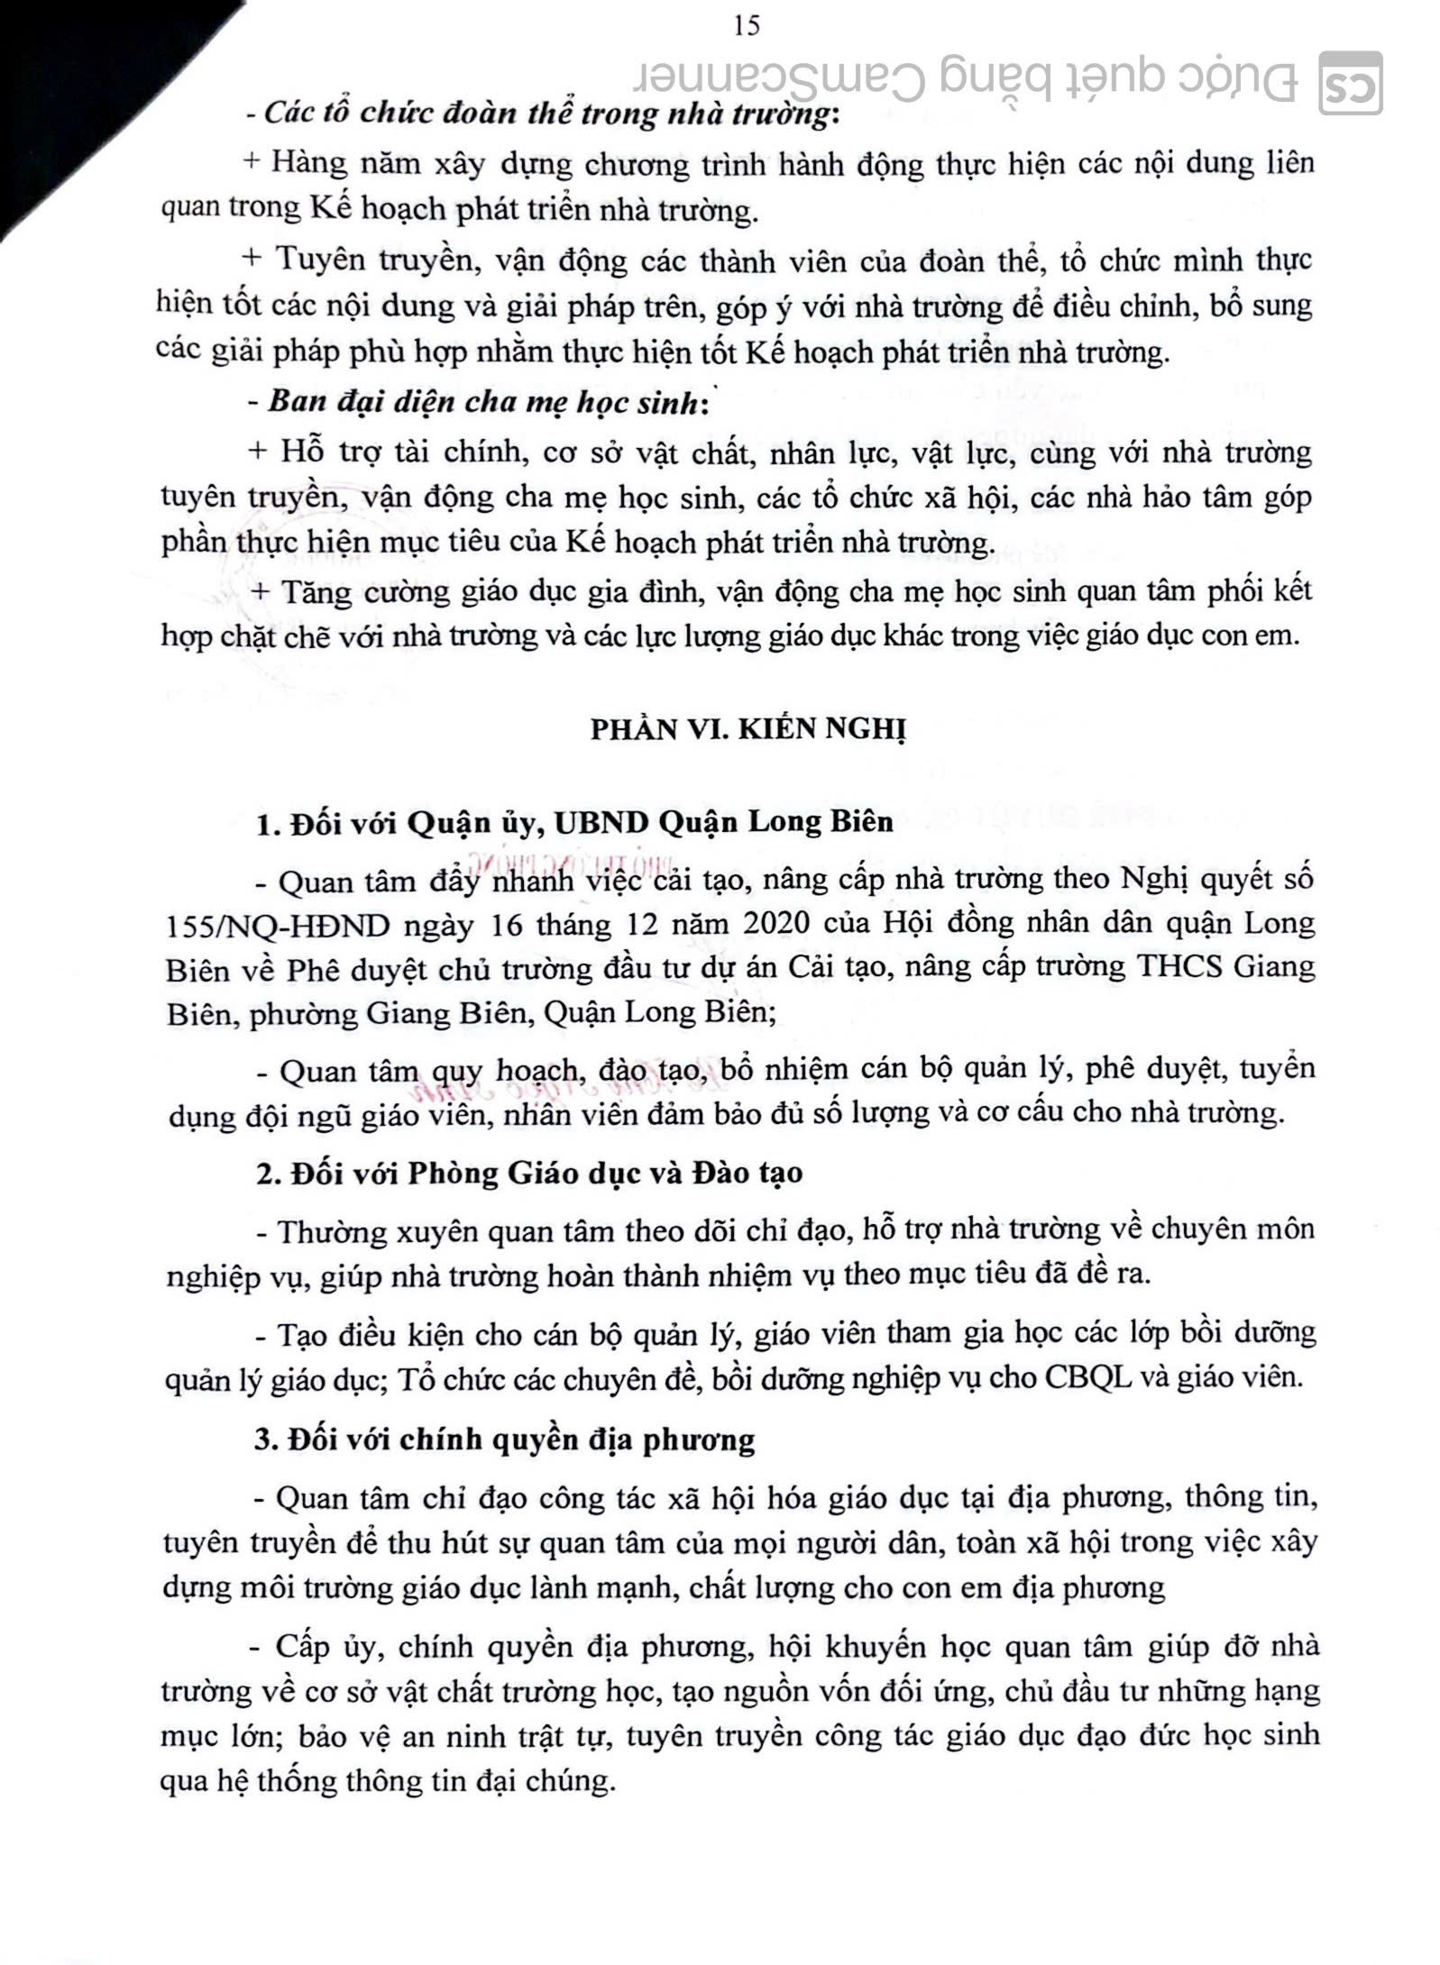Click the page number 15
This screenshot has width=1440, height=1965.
pos(748,24)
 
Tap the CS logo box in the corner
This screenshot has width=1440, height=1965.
pos(1350,83)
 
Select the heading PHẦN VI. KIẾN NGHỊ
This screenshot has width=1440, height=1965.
pos(748,728)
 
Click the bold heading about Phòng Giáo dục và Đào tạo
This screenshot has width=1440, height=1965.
pos(529,1173)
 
